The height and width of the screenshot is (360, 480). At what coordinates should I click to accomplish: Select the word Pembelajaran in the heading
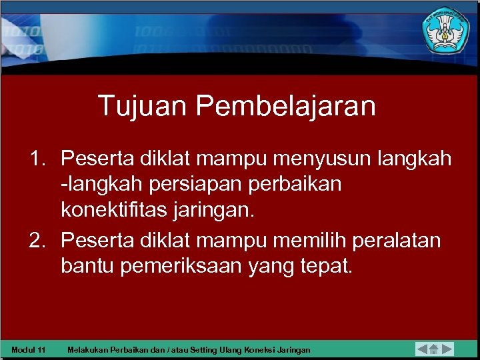(287, 105)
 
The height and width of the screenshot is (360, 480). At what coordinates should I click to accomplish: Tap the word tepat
(327, 266)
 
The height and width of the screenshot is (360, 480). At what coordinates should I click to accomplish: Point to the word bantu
(88, 266)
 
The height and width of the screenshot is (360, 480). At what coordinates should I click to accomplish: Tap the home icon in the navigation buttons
(434, 349)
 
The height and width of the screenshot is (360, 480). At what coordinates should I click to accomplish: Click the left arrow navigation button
(422, 349)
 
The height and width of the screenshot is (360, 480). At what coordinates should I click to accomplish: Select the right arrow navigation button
(447, 349)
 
